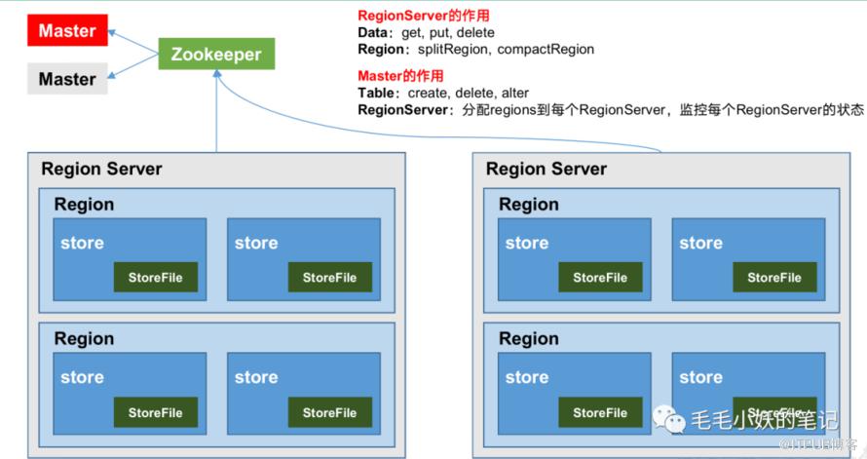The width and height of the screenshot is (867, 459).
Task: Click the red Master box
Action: [x=67, y=30]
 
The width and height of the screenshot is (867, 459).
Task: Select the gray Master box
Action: [x=67, y=79]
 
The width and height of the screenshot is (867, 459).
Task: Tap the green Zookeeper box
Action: [x=216, y=54]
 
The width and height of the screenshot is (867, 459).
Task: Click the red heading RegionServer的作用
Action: [x=423, y=16]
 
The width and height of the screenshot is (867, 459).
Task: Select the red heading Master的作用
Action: [x=400, y=76]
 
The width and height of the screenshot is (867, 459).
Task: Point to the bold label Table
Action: [x=376, y=93]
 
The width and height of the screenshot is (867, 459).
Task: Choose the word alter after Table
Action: [x=513, y=93]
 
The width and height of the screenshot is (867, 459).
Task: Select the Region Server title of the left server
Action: [x=101, y=169]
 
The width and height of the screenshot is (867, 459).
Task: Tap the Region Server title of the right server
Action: [x=546, y=169]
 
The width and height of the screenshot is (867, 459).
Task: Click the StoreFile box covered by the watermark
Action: [x=774, y=412]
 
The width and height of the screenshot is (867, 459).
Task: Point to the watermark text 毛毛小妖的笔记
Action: [x=765, y=420]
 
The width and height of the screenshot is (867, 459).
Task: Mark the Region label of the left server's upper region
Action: [x=84, y=205]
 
